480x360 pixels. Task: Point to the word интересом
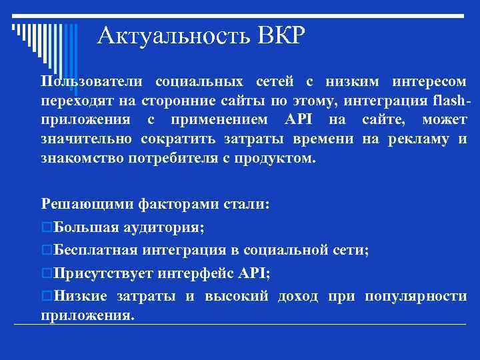(x=429, y=82)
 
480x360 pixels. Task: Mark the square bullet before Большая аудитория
(x=46, y=227)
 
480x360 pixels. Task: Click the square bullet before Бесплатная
(x=46, y=251)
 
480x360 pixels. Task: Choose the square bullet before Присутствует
(x=46, y=273)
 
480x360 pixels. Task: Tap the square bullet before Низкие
(x=46, y=296)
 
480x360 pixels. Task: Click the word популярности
(x=416, y=296)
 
